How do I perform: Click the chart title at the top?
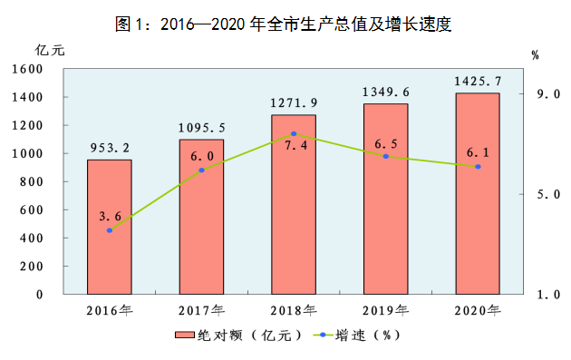[x=284, y=24]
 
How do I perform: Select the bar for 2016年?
[x=110, y=227]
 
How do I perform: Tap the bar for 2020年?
[x=478, y=193]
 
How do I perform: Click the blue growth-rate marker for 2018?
[x=294, y=133]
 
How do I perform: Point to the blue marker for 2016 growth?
[x=110, y=230]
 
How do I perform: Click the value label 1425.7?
[x=478, y=81]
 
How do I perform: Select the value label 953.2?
[x=110, y=148]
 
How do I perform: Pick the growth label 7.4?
[x=295, y=145]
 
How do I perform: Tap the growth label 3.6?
[x=110, y=216]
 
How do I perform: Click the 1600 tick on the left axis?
[x=27, y=69]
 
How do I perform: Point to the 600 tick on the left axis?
[x=32, y=209]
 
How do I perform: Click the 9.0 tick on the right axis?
[x=548, y=94]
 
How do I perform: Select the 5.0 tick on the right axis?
[x=548, y=194]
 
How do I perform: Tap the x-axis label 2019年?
[x=385, y=310]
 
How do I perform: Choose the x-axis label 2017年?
[x=201, y=310]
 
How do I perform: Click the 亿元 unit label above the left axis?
[x=50, y=50]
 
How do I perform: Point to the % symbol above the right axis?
[x=535, y=55]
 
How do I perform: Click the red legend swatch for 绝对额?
[x=184, y=335]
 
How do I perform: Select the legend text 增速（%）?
[x=368, y=335]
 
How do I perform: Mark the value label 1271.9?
[x=294, y=102]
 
